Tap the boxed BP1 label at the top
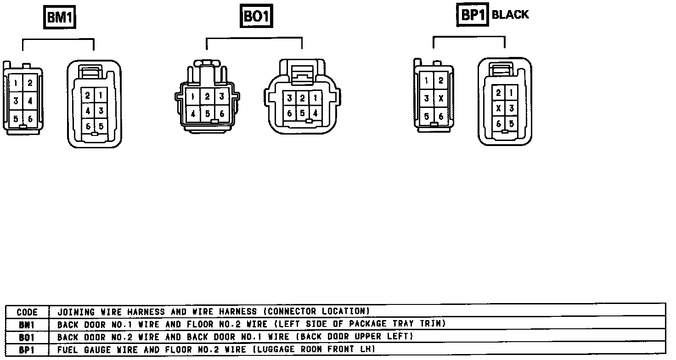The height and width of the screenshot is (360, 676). tap(473, 15)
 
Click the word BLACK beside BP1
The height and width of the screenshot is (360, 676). tap(510, 15)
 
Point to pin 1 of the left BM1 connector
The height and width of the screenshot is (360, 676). tap(16, 83)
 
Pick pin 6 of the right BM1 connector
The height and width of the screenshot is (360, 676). tap(88, 126)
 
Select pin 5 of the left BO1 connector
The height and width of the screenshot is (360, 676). tap(208, 113)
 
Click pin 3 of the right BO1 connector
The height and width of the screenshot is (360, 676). tap(290, 98)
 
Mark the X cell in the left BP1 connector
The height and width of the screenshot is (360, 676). tap(441, 98)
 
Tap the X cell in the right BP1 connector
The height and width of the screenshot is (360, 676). tap(498, 108)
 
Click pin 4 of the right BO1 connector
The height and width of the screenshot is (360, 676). tap(315, 113)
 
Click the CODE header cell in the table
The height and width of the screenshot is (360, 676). tap(27, 312)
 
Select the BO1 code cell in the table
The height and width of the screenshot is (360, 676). tap(27, 337)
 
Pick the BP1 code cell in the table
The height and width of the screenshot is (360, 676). tap(27, 349)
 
